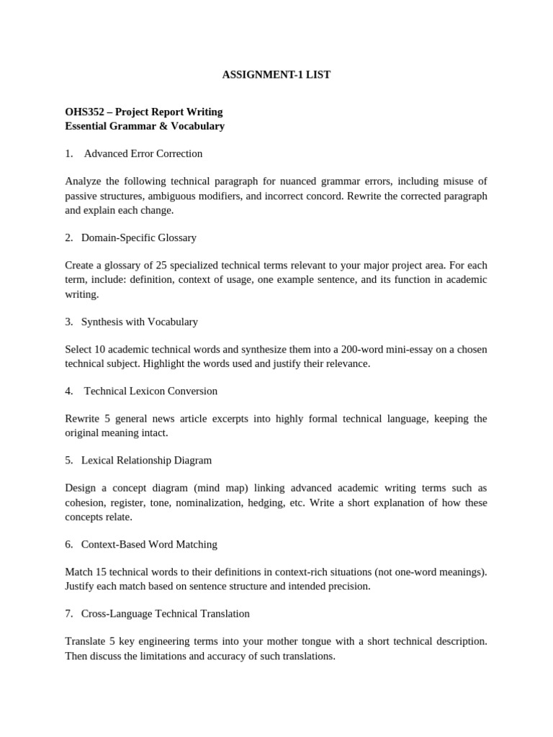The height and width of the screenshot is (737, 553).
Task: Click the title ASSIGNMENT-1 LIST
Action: pos(276,75)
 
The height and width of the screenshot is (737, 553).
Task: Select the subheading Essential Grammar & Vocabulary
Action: pos(145,126)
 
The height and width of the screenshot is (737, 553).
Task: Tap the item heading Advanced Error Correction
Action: pos(143,153)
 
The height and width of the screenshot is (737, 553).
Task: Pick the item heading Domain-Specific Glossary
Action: pos(139,238)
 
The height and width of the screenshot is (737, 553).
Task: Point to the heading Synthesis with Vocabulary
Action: pos(140,322)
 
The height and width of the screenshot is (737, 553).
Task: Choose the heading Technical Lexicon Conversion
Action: pos(150,391)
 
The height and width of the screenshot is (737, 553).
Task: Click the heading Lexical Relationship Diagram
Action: pos(146,460)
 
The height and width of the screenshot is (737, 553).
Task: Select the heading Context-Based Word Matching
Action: pos(149,544)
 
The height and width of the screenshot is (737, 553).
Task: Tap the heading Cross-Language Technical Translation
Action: pos(166,614)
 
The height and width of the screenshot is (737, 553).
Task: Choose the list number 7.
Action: pos(68,614)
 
